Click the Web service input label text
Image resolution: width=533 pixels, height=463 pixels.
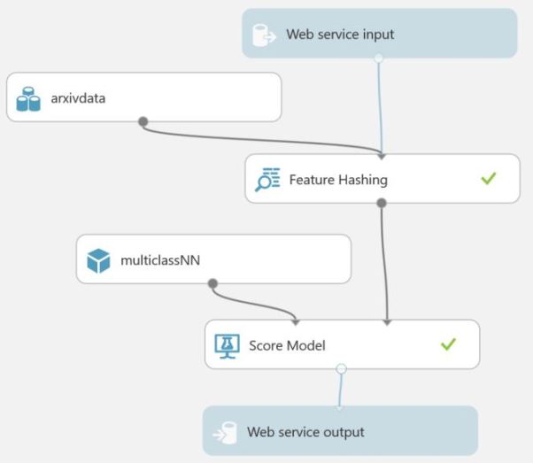click(x=340, y=35)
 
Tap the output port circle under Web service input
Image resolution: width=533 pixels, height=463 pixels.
click(x=378, y=58)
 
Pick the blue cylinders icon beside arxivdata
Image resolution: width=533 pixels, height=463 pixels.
click(x=28, y=98)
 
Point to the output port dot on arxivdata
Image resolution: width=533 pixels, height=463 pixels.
click(x=143, y=121)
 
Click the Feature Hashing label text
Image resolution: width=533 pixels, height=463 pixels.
click(x=338, y=180)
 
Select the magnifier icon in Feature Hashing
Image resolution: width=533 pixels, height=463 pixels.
click(x=267, y=180)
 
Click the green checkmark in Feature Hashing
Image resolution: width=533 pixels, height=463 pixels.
click(x=488, y=179)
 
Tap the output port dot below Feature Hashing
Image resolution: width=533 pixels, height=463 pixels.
click(x=381, y=203)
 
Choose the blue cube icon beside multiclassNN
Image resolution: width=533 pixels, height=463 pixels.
click(x=98, y=260)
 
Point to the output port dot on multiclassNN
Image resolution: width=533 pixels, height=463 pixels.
click(x=212, y=283)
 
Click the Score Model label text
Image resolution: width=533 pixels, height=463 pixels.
click(x=288, y=344)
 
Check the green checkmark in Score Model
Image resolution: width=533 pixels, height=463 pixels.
click(x=448, y=344)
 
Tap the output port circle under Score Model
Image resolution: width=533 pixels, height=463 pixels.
click(x=342, y=368)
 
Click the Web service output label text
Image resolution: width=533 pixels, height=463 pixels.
click(x=305, y=432)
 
